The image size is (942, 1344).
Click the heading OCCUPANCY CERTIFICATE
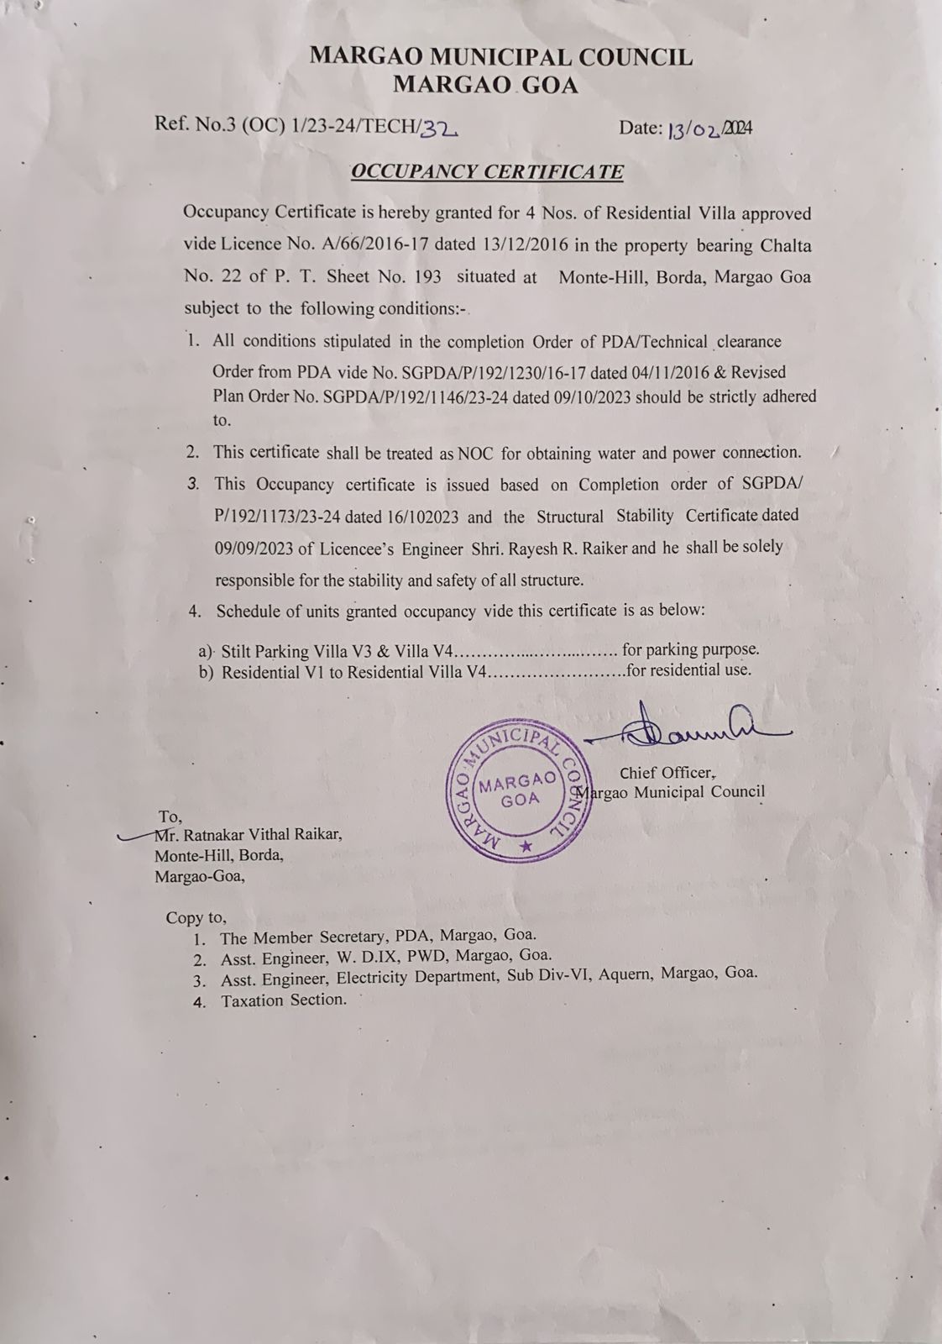coord(487,172)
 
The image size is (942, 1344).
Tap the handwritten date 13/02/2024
coord(709,129)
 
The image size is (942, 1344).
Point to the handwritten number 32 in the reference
coord(437,128)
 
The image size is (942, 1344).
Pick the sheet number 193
coord(424,277)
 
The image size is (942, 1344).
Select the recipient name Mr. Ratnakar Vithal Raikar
coord(249,835)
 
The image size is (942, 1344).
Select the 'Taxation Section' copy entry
coord(283,1000)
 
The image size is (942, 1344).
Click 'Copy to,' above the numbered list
coord(196,918)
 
